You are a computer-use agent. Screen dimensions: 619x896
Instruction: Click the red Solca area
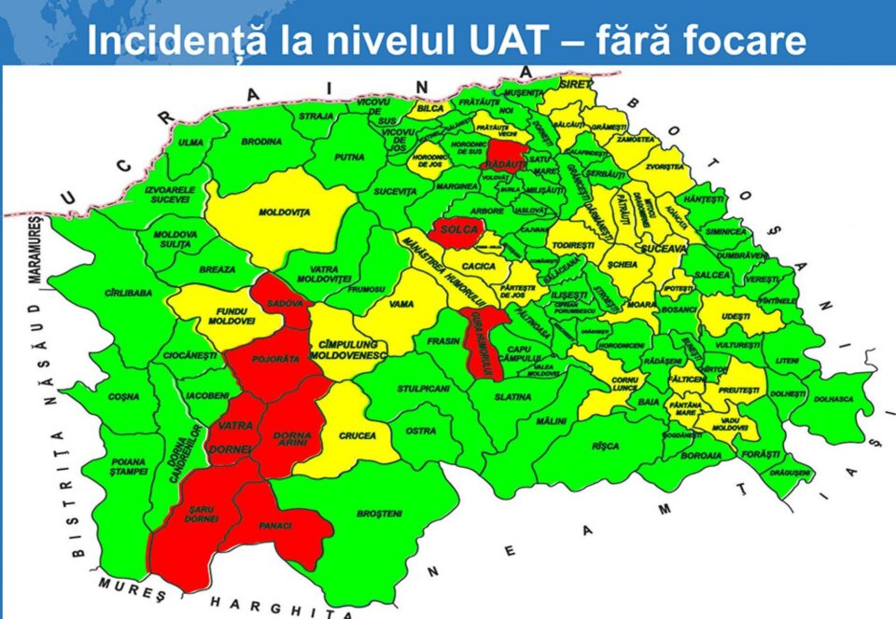pyautogui.click(x=456, y=230)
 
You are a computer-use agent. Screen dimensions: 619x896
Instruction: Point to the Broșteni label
pyautogui.click(x=379, y=514)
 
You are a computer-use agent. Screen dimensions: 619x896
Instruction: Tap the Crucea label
pyautogui.click(x=357, y=435)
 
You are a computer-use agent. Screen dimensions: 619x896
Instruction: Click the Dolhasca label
pyautogui.click(x=833, y=400)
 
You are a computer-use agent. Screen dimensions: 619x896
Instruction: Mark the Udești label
pyautogui.click(x=736, y=317)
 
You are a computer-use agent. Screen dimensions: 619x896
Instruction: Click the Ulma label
pyautogui.click(x=191, y=143)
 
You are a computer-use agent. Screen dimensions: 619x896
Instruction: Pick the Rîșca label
pyautogui.click(x=605, y=447)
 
